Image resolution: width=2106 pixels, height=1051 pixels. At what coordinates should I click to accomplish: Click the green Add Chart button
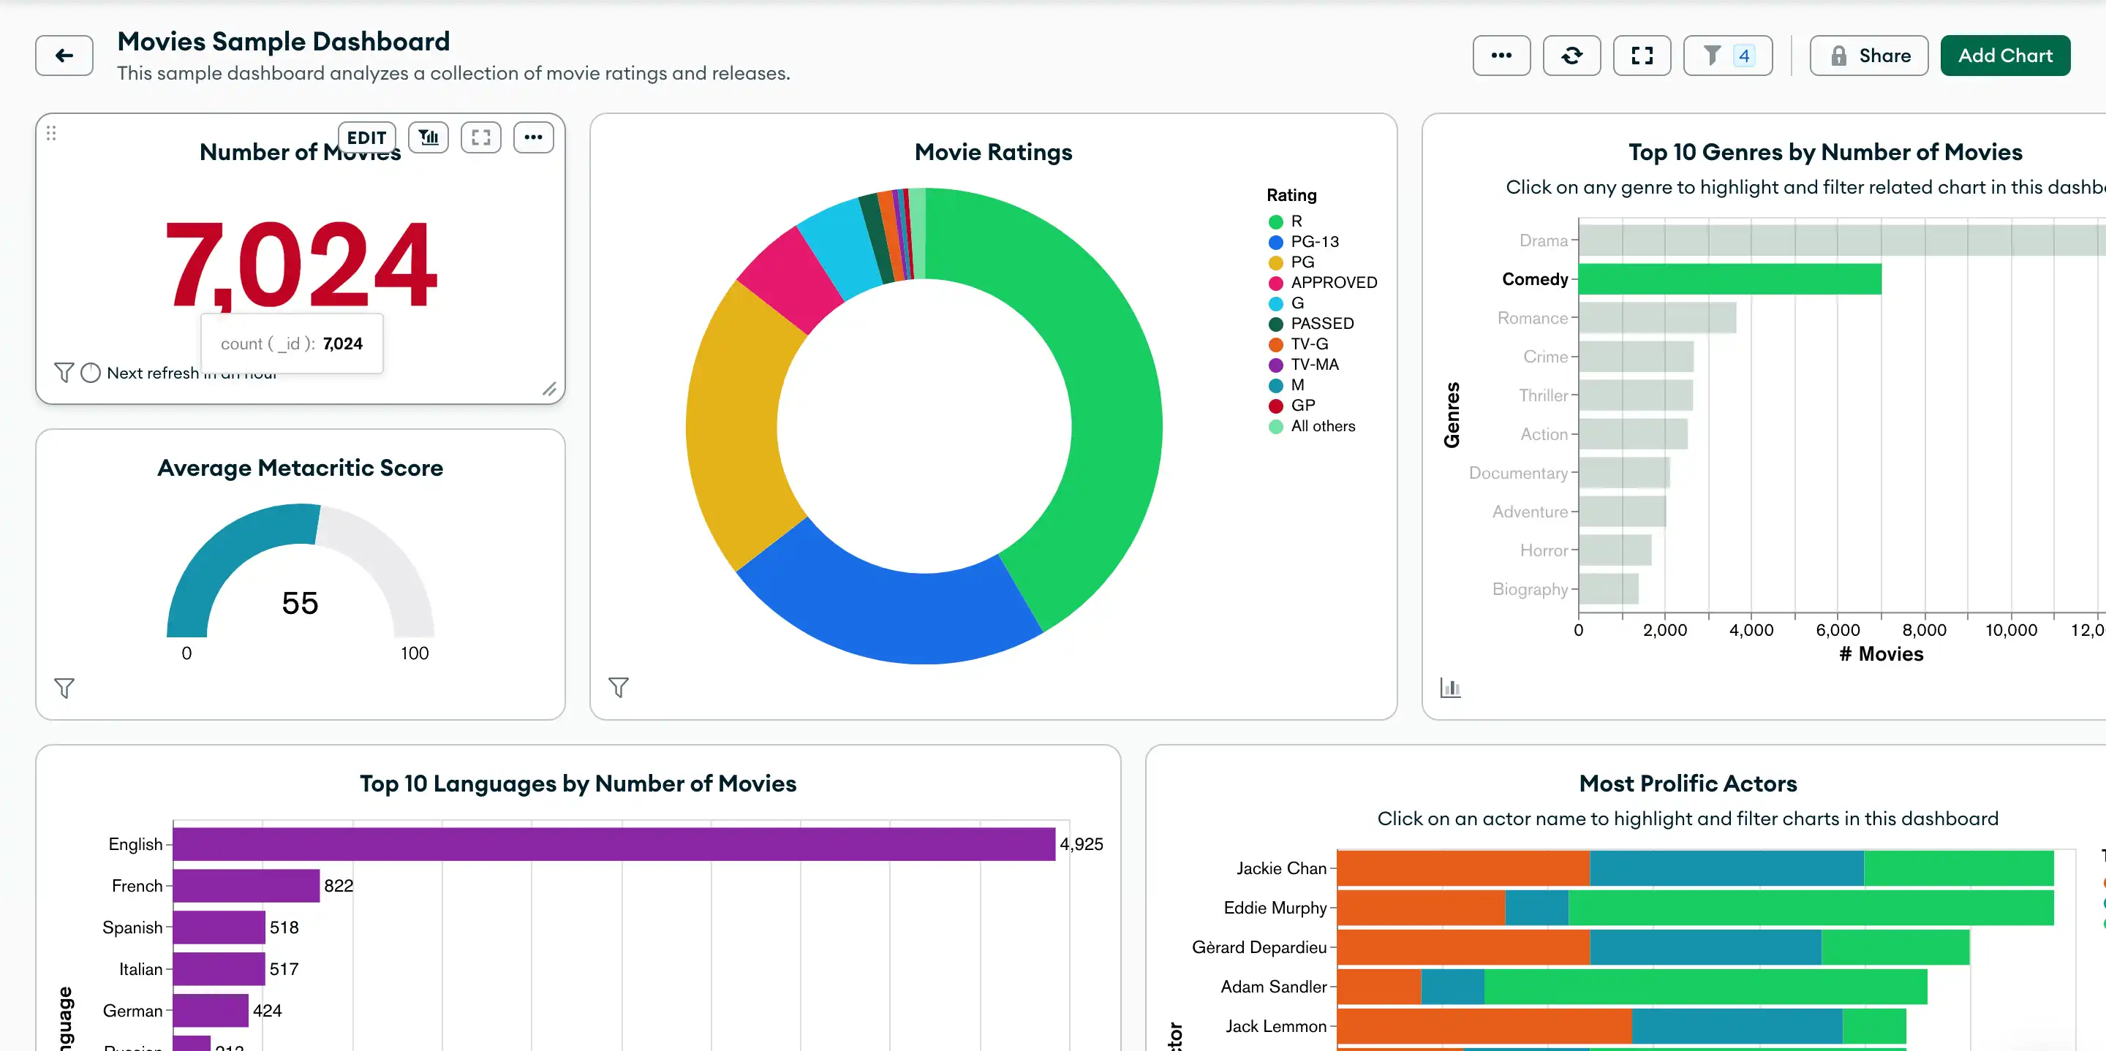[x=2004, y=56]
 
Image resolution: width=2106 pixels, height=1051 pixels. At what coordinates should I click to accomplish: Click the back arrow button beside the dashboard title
[x=64, y=56]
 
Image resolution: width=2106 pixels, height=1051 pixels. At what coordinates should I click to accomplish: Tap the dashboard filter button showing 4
[x=1726, y=56]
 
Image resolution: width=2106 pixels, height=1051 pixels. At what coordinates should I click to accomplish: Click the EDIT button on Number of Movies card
[x=366, y=137]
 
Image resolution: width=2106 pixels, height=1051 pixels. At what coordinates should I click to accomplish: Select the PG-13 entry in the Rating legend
[x=1314, y=242]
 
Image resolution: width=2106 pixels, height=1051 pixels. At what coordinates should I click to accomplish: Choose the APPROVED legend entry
[x=1332, y=283]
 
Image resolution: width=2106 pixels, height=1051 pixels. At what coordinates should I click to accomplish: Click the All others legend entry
[x=1322, y=426]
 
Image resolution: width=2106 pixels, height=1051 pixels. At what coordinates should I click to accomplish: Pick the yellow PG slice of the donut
[x=736, y=425]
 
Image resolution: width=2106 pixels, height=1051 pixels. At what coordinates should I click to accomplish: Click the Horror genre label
[x=1543, y=551]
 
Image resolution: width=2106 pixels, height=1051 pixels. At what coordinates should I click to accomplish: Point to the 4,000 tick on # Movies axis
[x=1751, y=630]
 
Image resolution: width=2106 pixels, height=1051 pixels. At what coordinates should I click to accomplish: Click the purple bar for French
[x=245, y=886]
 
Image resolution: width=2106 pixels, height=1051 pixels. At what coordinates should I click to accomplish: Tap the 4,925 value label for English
[x=1081, y=844]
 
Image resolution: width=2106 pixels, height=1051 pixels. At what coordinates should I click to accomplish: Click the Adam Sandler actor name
[x=1273, y=987]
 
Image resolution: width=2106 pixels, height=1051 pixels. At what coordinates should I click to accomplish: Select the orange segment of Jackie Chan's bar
[x=1462, y=868]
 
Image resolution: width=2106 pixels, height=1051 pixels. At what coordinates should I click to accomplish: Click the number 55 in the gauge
[x=299, y=603]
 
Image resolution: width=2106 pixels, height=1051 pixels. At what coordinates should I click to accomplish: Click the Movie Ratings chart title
[x=992, y=152]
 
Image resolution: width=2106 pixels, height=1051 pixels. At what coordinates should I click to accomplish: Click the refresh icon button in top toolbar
[x=1571, y=56]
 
